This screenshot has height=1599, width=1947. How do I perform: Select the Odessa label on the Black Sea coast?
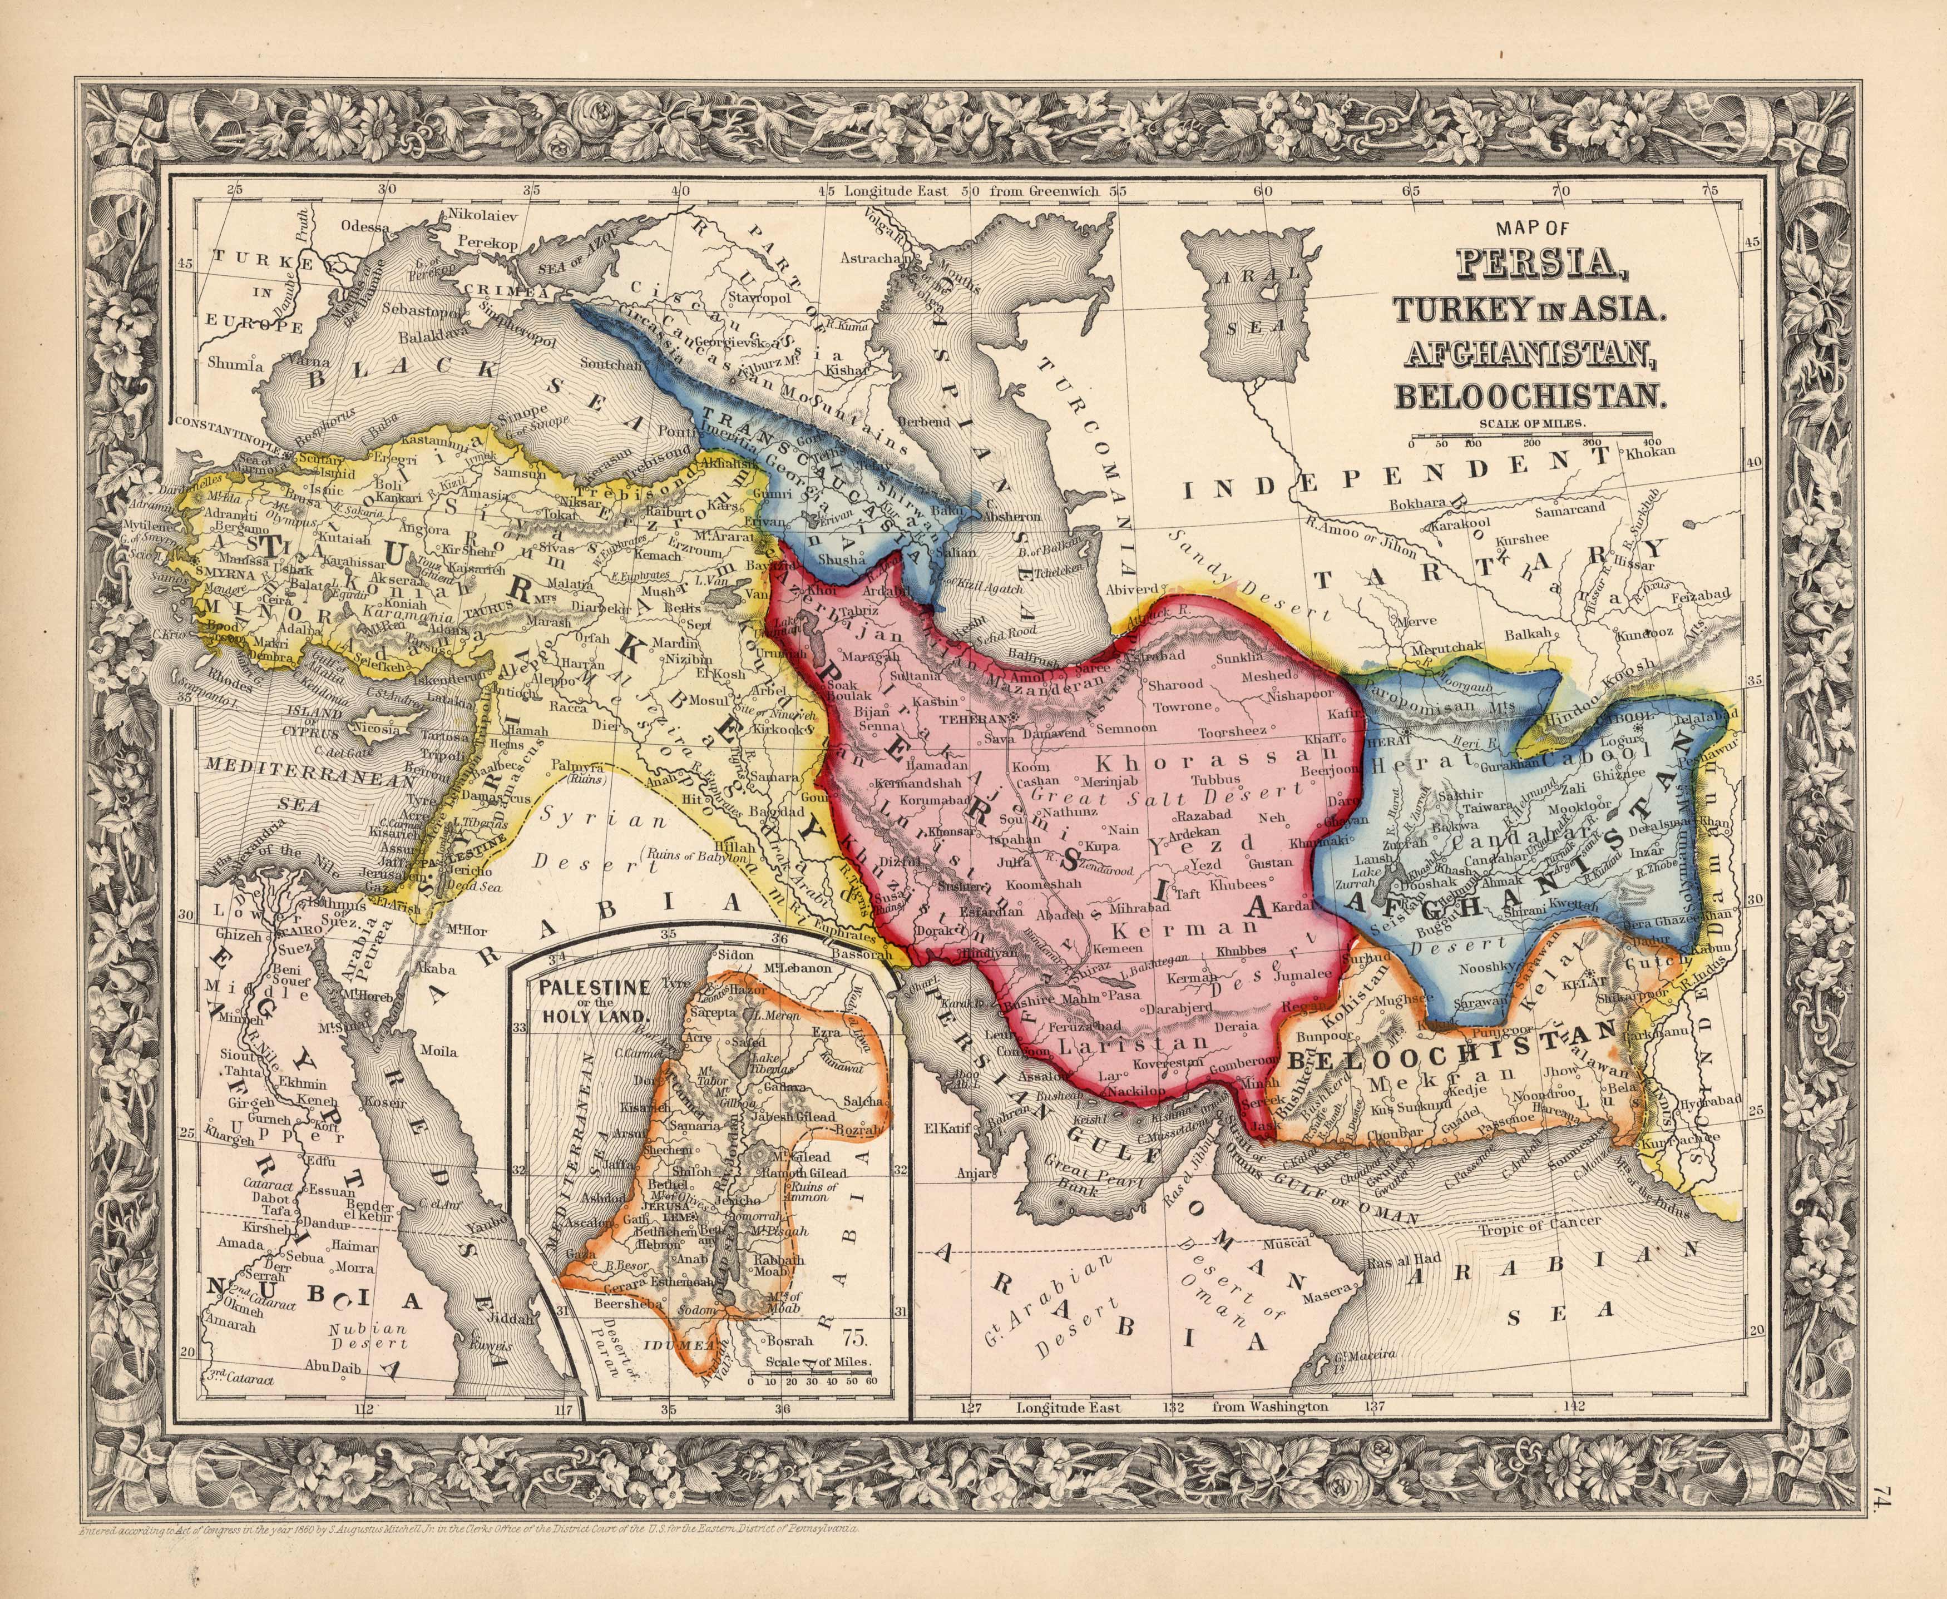point(365,226)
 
